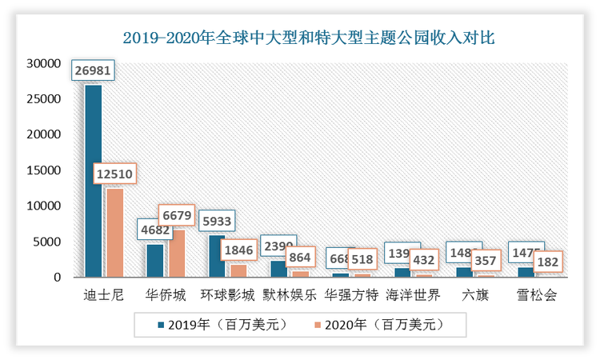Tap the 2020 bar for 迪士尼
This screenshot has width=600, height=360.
point(114,232)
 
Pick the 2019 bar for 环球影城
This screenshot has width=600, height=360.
point(218,256)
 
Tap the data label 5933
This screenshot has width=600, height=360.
point(218,221)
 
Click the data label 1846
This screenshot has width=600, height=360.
point(239,250)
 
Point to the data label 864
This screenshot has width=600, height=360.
point(301,258)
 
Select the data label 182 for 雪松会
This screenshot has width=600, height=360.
point(548,262)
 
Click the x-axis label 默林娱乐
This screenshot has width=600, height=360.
point(288,295)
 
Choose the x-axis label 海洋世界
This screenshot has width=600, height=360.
point(412,295)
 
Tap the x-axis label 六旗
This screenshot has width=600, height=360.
point(474,295)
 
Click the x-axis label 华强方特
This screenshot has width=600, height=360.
point(350,295)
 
